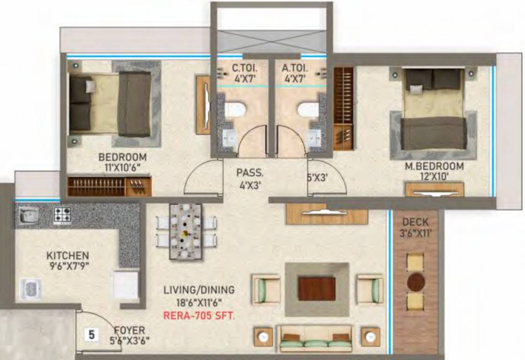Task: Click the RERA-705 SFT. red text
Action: click(199, 315)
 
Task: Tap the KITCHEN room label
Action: click(67, 256)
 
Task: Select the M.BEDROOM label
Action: click(434, 166)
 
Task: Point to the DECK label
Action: click(415, 222)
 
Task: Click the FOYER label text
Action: click(129, 330)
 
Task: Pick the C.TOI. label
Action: click(244, 68)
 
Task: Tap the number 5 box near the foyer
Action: click(91, 335)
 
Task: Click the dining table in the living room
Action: click(186, 232)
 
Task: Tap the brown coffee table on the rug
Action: click(316, 289)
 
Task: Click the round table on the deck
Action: click(416, 283)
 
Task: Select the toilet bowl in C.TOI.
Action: click(236, 110)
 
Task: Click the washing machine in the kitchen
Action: click(30, 289)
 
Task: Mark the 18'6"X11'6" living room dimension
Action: click(199, 303)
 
